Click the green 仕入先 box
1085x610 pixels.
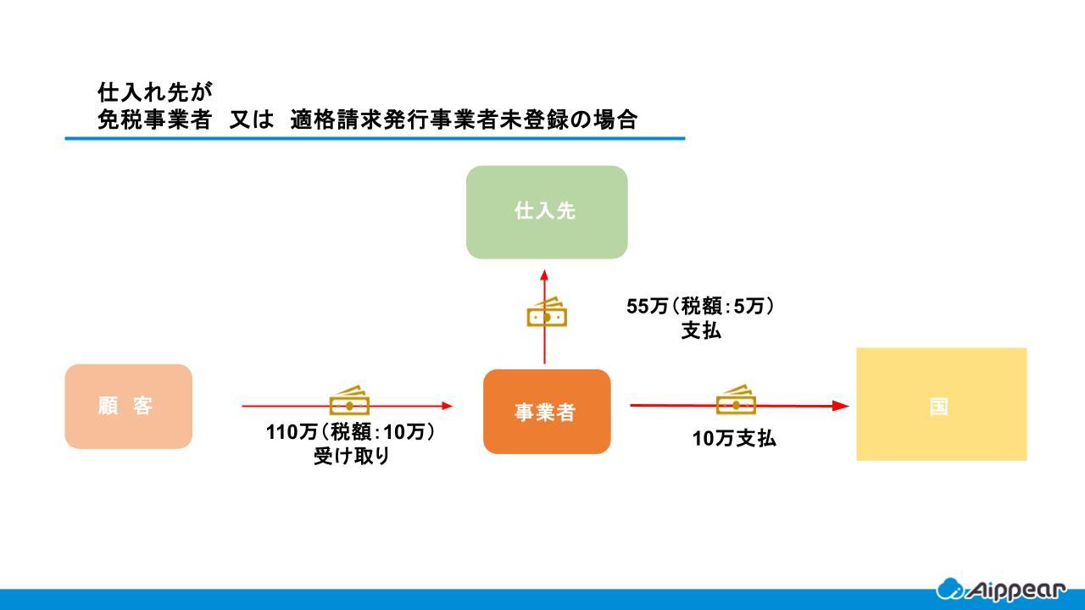click(x=547, y=212)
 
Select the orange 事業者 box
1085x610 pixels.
click(x=547, y=412)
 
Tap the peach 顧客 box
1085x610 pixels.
click(x=129, y=407)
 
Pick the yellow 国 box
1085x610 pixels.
click(x=941, y=404)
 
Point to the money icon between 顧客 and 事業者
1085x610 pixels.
click(x=348, y=401)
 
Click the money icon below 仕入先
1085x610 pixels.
click(x=547, y=313)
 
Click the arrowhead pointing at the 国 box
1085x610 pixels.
click(x=841, y=406)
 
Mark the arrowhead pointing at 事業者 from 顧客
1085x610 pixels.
click(x=447, y=406)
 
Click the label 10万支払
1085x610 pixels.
click(x=734, y=439)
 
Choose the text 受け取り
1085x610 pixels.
click(x=352, y=457)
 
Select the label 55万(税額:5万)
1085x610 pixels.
click(x=700, y=307)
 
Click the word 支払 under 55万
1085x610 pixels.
click(x=701, y=331)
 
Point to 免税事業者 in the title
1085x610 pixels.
click(x=153, y=119)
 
